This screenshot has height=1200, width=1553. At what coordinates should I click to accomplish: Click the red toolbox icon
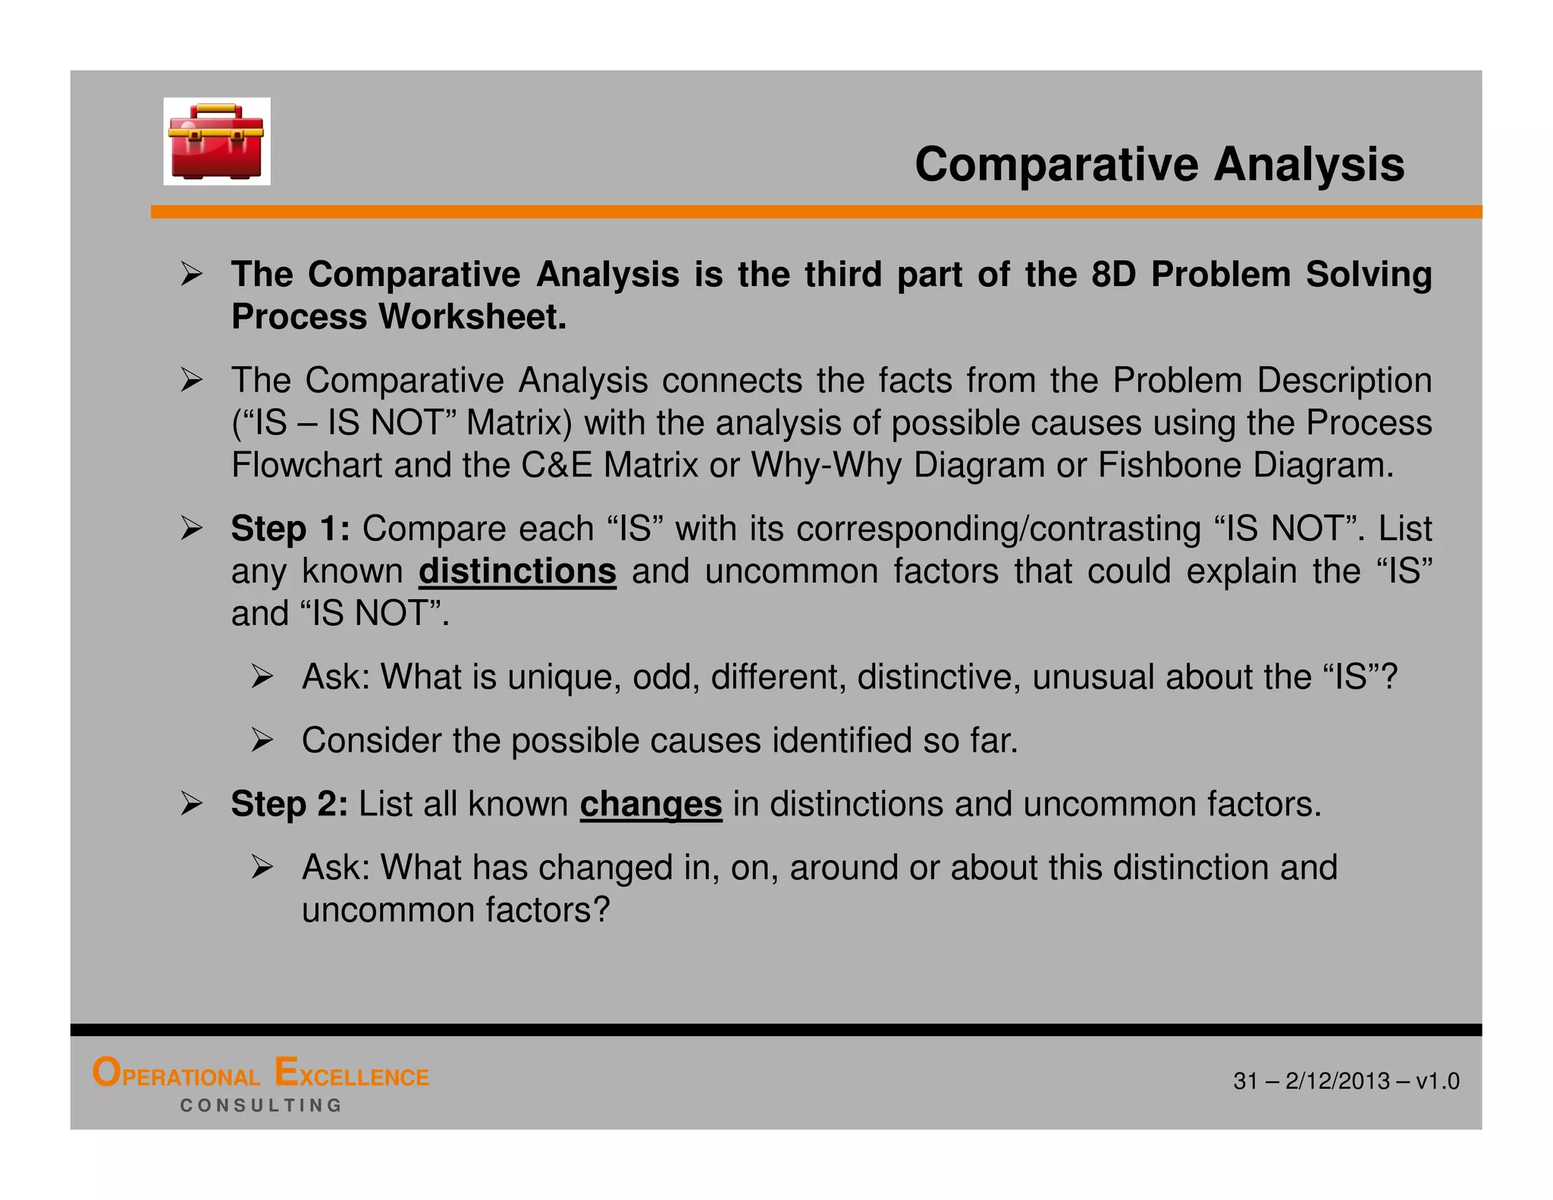tap(216, 142)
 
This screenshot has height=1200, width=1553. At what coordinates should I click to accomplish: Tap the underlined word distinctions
tap(517, 571)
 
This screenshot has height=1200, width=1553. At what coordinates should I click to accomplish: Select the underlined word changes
tap(651, 804)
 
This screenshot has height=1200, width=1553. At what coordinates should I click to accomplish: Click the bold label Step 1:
tap(290, 529)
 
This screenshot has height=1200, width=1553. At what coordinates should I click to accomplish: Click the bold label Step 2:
tap(289, 804)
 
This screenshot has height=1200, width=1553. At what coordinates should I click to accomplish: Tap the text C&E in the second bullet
tap(556, 465)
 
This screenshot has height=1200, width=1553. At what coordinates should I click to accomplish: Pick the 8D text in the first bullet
tap(1113, 275)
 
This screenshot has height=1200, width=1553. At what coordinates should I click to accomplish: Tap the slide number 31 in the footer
tap(1245, 1081)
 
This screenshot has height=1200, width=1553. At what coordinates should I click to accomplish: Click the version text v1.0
tap(1437, 1081)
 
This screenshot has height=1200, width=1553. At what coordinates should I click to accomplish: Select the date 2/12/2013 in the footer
tap(1338, 1081)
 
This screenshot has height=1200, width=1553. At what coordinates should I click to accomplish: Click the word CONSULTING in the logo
tap(261, 1105)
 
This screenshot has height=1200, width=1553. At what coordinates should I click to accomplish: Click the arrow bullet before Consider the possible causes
tap(262, 740)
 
